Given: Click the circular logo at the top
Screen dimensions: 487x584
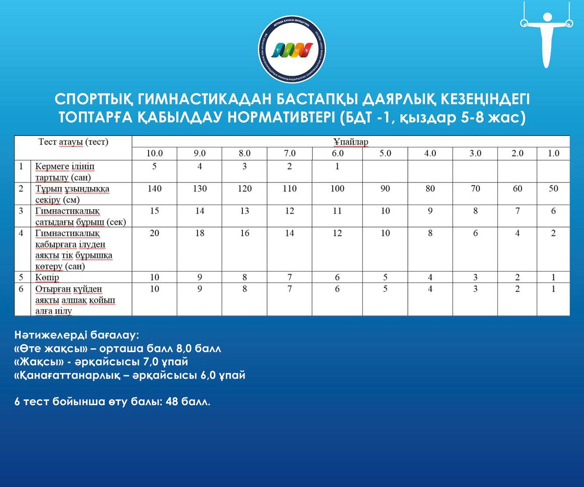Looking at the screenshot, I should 292,50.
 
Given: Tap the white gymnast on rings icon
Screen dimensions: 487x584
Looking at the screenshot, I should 546,35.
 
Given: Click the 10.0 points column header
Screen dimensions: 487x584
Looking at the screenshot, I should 154,153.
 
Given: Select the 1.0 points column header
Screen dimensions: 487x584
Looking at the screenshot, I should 553,153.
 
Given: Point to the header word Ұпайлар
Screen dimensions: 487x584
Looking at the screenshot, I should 351,142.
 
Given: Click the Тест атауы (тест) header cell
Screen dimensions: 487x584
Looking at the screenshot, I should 73,142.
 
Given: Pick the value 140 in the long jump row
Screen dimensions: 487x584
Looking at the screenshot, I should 154,189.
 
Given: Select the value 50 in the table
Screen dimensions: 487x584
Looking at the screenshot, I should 553,189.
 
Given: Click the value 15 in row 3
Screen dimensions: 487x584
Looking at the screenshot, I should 154,211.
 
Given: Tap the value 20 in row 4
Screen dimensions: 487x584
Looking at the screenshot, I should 154,233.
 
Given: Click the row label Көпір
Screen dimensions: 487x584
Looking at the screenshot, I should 47,278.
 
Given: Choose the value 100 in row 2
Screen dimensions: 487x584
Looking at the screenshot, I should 337,189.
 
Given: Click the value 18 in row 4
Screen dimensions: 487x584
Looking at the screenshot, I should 199,233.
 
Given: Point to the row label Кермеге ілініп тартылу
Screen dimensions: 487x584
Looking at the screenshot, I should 64,172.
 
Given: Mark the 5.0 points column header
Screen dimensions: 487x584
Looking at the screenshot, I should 385,153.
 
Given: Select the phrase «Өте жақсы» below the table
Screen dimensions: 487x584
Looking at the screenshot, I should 49,349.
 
